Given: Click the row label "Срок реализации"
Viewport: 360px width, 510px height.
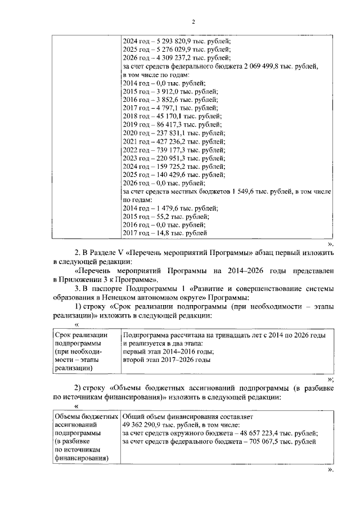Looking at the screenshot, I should (78, 335).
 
